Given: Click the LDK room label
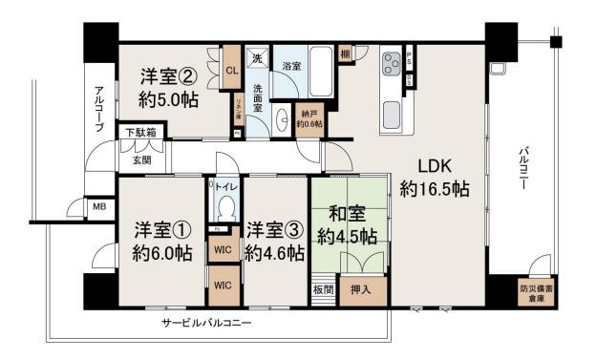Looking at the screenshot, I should [x=434, y=174].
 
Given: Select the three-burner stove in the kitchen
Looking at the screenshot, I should [x=392, y=65].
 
